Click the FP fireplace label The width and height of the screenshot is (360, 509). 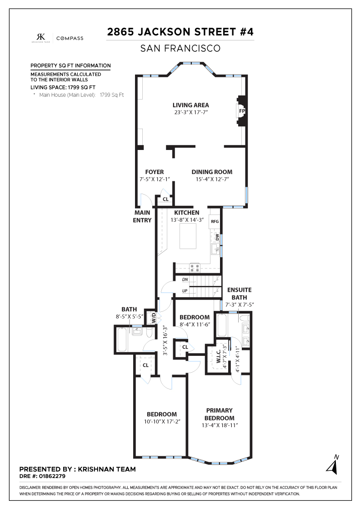point(242,111)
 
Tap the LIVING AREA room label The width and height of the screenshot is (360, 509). point(190,105)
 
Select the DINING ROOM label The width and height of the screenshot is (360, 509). point(212,172)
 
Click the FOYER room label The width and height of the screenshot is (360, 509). point(155,172)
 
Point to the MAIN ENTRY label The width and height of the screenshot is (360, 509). point(142,216)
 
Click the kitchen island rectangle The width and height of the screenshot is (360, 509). point(188,236)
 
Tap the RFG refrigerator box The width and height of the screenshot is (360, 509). point(215,221)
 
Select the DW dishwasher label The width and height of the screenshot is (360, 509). point(217,238)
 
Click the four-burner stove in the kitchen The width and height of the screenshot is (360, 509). point(195,268)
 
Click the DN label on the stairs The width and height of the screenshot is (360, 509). point(185,279)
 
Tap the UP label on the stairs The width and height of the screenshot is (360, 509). point(185,291)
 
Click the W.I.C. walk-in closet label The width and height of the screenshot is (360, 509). point(219,356)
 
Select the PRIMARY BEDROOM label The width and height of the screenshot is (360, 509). point(220,414)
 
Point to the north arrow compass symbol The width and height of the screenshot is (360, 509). point(333,465)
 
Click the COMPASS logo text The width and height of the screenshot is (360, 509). point(70,38)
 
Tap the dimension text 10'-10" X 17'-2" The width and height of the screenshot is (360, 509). point(162,422)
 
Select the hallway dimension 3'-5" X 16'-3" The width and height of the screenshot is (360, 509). point(165,340)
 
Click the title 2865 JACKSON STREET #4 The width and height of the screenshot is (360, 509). point(180,32)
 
